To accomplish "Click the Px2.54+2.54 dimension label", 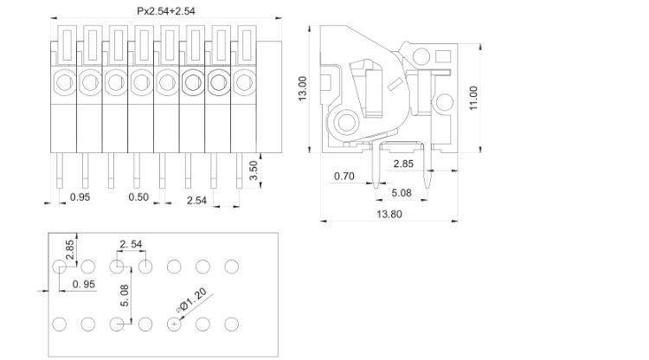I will (x=167, y=11).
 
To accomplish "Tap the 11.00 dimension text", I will (x=472, y=98).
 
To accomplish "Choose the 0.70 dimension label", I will (x=344, y=177).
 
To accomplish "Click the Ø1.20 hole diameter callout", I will (x=191, y=299).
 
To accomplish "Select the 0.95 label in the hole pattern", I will (x=84, y=284).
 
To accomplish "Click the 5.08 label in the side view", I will (x=402, y=193).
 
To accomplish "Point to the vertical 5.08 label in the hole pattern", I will (x=124, y=297).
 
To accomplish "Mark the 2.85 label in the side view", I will (x=403, y=163).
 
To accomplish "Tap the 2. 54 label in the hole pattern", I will (x=132, y=246).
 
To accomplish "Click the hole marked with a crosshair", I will (x=175, y=324).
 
